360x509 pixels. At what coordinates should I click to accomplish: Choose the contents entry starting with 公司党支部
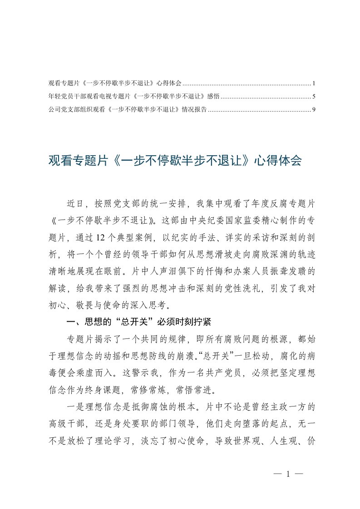click(128, 109)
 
